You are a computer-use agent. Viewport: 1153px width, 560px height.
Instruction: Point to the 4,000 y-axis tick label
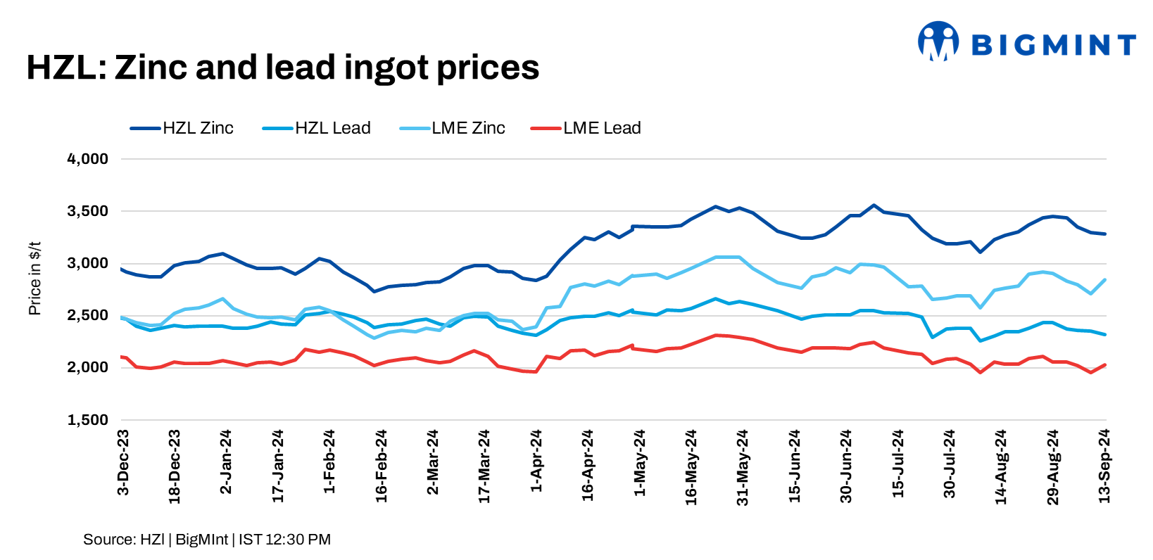87,159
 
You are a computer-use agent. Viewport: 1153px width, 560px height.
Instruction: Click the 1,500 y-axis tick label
87,420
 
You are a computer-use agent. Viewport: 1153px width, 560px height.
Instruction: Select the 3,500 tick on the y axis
87,211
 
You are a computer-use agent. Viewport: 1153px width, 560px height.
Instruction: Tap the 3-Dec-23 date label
123,462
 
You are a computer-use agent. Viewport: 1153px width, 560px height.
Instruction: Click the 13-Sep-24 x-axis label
1104,465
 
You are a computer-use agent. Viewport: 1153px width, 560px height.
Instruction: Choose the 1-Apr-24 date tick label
536,462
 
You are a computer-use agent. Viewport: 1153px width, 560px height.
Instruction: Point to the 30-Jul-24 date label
950,464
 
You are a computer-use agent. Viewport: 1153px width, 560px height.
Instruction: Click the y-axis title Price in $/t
34,278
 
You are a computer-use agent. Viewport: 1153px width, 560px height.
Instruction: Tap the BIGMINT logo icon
938,41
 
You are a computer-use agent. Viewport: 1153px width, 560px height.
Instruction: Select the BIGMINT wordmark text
1053,45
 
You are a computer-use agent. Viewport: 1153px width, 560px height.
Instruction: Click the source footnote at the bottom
206,540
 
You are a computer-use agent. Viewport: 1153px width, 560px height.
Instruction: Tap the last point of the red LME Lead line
1105,364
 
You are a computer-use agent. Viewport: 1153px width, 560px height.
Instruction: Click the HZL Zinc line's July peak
874,205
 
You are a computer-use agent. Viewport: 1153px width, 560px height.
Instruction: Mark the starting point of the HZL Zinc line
122,269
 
